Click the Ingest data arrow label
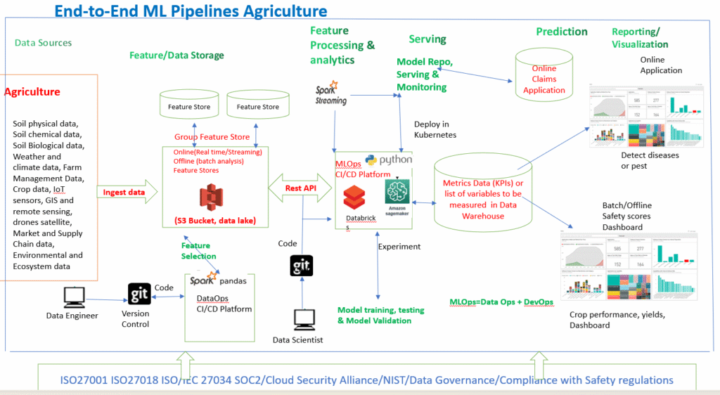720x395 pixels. pyautogui.click(x=124, y=192)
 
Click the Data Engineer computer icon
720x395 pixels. pyautogui.click(x=75, y=298)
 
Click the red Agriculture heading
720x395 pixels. pyautogui.click(x=32, y=92)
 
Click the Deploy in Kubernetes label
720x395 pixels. pyautogui.click(x=435, y=129)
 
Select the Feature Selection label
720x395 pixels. pyautogui.click(x=199, y=251)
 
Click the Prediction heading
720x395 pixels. pyautogui.click(x=561, y=32)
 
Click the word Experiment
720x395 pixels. pyautogui.click(x=399, y=247)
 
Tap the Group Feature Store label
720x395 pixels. pyautogui.click(x=212, y=137)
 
